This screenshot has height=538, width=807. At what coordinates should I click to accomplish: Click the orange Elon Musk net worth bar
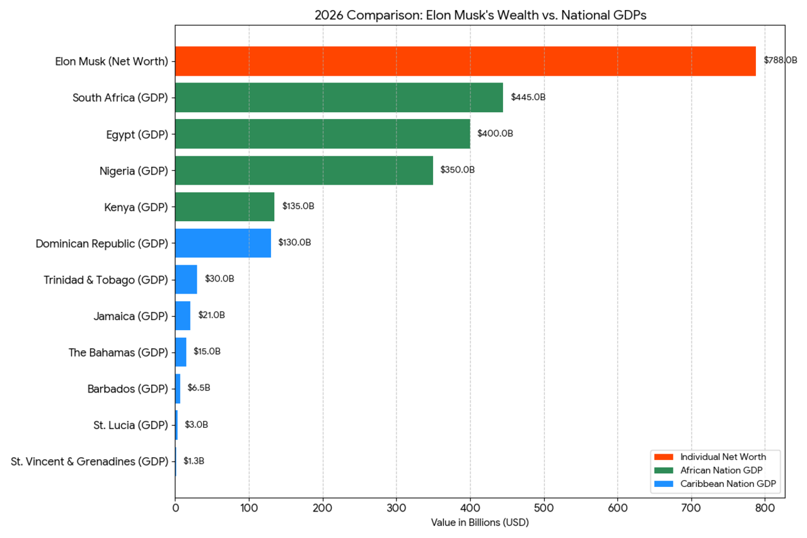point(465,61)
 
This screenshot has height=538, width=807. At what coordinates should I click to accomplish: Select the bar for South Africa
point(339,98)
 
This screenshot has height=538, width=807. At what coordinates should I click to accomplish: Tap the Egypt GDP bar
point(322,134)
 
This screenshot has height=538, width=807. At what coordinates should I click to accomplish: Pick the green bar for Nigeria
point(304,170)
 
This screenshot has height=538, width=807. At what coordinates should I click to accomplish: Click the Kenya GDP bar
point(224,207)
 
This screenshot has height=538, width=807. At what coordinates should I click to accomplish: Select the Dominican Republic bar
point(223,243)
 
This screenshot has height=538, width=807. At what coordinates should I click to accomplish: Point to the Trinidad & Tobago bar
point(186,279)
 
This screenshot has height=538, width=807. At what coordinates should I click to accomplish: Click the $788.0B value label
point(780,60)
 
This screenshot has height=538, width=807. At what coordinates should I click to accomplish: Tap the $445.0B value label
point(528,97)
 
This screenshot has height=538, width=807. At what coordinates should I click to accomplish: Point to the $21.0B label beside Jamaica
point(211,315)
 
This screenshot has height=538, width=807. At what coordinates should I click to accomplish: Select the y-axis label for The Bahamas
point(119,352)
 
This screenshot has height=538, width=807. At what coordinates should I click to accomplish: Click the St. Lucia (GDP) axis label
point(131,425)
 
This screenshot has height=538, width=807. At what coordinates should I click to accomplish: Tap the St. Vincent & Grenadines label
point(90,462)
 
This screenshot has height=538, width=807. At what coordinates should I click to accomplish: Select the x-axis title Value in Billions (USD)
point(480,523)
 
